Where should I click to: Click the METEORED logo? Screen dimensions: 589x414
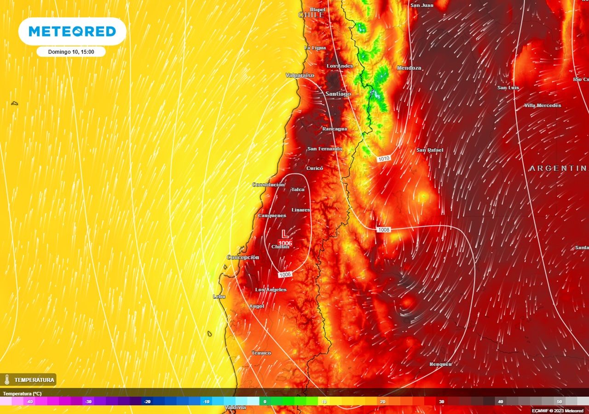(72, 31)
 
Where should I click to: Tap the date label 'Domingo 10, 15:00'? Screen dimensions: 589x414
(71, 52)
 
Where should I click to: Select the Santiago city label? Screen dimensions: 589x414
(338, 94)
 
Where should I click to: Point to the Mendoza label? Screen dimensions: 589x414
(409, 68)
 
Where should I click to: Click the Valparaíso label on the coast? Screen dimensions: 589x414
(300, 75)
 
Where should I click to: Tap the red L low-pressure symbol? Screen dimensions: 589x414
(285, 234)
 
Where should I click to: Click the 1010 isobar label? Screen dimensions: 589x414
(384, 159)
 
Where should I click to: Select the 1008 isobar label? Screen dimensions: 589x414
(383, 230)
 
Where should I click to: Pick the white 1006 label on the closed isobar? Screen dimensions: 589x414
(285, 275)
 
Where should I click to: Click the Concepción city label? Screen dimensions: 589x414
(243, 258)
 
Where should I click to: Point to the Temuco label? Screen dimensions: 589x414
(261, 353)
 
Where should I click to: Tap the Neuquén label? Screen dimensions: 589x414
(440, 364)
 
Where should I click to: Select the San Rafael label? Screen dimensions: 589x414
(430, 150)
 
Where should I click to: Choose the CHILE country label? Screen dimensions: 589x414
(312, 15)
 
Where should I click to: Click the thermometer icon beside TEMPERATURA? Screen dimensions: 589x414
(7, 380)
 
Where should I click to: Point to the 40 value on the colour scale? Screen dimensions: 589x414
(500, 402)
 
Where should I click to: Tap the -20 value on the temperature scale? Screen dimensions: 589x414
(147, 402)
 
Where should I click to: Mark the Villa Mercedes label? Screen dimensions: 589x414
(543, 106)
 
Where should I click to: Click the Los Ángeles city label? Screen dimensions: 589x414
(271, 290)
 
